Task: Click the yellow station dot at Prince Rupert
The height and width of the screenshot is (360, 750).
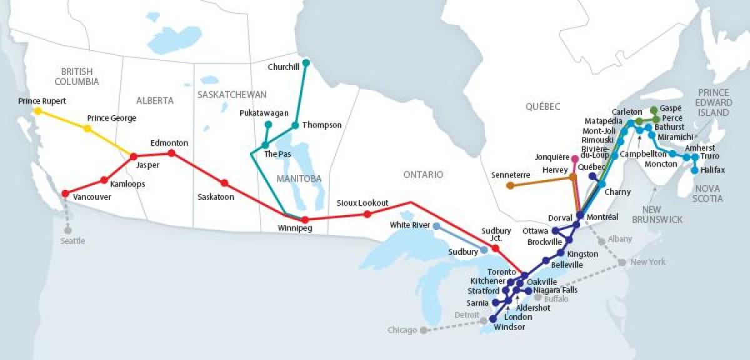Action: click(37, 111)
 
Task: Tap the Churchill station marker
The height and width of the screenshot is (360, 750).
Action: click(306, 63)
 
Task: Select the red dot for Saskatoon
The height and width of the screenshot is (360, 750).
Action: click(224, 183)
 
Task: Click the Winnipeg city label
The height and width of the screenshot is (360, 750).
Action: click(294, 229)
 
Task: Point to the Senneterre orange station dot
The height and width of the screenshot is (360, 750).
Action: click(510, 186)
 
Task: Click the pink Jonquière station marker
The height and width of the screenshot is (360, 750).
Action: click(574, 158)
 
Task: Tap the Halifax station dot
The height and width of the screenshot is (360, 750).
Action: click(694, 170)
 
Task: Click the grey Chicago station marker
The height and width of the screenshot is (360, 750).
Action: click(423, 329)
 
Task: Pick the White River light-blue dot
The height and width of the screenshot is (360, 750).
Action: click(436, 226)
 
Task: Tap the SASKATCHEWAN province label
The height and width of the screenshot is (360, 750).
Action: click(231, 94)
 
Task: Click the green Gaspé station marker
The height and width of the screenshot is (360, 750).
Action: click(654, 109)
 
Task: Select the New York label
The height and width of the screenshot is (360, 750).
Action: click(647, 262)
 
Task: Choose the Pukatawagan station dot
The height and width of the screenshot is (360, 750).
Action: click(268, 124)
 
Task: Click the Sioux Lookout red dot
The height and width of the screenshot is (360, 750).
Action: click(367, 214)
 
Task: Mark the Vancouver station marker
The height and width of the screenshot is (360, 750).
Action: click(65, 193)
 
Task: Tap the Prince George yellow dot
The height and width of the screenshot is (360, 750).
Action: click(87, 129)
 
